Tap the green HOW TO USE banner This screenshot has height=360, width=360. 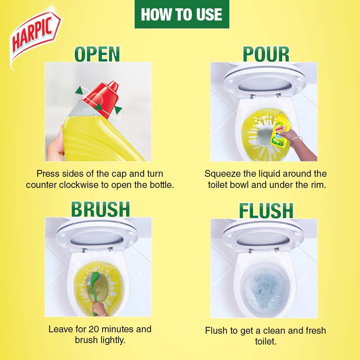[182, 14]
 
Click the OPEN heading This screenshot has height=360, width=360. [97, 54]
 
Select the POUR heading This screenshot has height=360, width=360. [266, 54]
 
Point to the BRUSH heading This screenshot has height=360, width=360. [100, 209]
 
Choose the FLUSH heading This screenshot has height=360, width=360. [266, 211]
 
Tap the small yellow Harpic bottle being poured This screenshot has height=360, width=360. [278, 130]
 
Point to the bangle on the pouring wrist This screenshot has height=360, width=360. [296, 140]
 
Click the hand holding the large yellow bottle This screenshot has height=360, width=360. [55, 144]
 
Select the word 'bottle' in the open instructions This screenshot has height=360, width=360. [162, 185]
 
